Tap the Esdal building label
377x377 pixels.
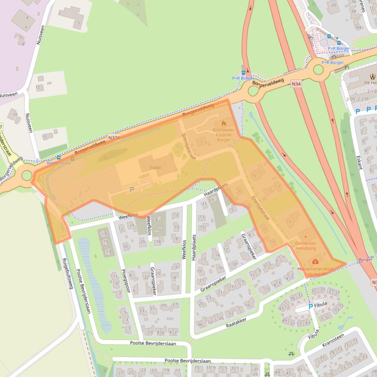pos(155,167)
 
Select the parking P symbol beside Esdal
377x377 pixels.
pos(131,188)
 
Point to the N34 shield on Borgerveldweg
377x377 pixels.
pos(295,84)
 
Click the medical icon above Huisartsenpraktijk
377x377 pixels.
pos(315,261)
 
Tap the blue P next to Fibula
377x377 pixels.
pos(310,306)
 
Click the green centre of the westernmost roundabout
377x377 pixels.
pos(27,175)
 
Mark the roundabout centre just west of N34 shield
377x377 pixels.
pos(253,91)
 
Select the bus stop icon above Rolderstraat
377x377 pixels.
pos(59,158)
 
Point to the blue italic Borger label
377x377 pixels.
pos(365,259)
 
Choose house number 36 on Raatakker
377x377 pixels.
pos(200,324)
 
